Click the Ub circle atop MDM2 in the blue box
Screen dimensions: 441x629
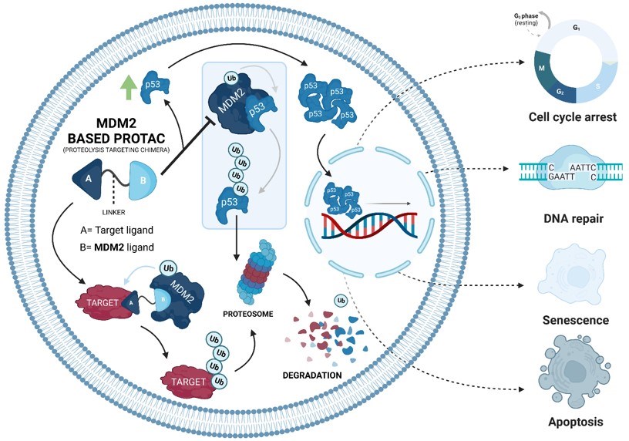pos(230,79)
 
